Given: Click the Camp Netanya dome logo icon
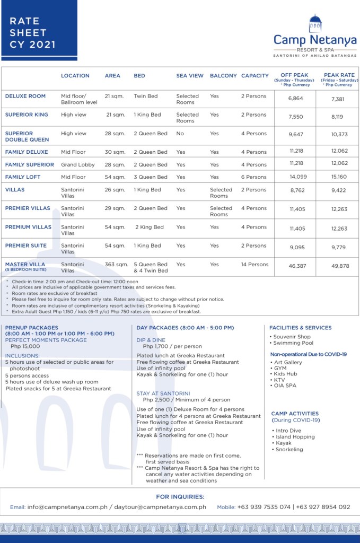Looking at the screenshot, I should pos(315,24).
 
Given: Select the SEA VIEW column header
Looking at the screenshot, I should pos(190,76).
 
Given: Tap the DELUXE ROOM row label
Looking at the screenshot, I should pos(25,97).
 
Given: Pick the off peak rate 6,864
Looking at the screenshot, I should pos(295,99).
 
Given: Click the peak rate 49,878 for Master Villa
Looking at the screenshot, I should pos(339,266).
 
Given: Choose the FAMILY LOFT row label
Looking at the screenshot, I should pos(23,177).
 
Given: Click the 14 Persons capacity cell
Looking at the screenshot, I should pos(255,265).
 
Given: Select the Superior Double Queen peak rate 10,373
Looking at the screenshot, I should pos(339,135).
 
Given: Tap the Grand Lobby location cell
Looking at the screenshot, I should pos(77,165).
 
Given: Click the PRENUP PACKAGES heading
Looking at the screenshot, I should pos(32,328).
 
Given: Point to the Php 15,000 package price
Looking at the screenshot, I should pos(25,346).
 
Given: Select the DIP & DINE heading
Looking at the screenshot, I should pos(151,340).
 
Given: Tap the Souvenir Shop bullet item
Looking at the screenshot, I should pos(292,337).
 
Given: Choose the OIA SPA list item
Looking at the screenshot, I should pos(285,387).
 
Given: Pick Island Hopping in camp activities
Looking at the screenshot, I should pos(295,437).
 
